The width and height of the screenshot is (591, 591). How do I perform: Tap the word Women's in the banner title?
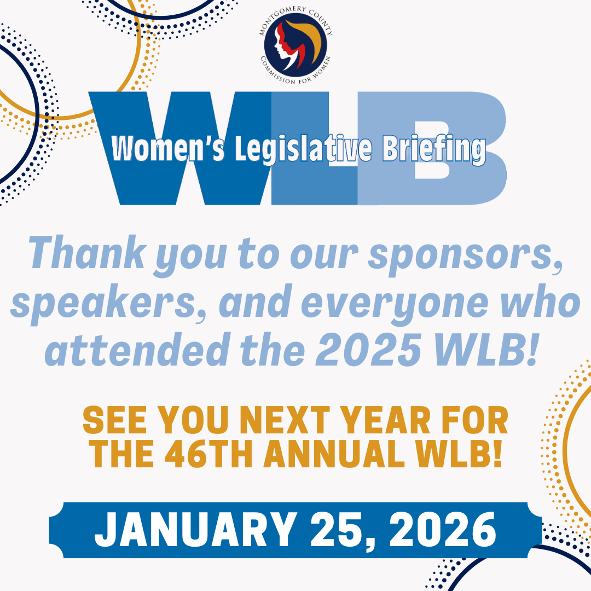[168, 148]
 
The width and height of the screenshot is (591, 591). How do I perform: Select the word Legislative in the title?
[304, 149]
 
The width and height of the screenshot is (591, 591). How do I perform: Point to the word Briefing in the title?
[434, 149]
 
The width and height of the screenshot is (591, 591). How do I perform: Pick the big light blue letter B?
[432, 148]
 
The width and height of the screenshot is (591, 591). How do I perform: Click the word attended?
[137, 349]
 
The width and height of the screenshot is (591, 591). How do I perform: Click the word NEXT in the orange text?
[285, 420]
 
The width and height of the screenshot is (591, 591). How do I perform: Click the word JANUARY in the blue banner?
[195, 530]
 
